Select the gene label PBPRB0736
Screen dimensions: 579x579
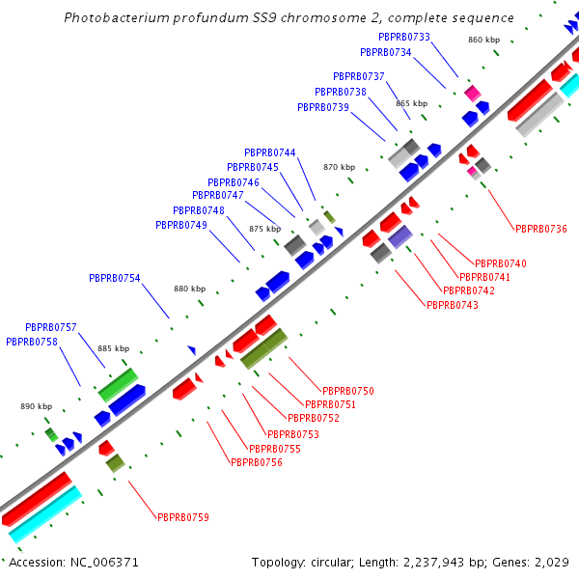click(541, 229)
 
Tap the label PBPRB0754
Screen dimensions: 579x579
click(115, 278)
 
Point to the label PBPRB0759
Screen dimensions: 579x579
click(183, 517)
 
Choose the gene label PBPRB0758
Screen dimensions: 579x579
click(32, 342)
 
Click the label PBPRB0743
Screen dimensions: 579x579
click(452, 305)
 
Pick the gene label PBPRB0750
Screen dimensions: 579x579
click(347, 391)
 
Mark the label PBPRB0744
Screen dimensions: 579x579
click(270, 152)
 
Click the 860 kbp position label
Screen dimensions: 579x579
click(483, 40)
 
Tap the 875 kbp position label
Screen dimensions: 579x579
click(264, 229)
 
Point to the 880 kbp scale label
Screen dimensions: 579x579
click(190, 289)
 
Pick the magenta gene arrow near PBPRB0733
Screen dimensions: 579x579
click(472, 93)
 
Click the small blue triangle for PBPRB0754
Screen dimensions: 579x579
click(192, 349)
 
